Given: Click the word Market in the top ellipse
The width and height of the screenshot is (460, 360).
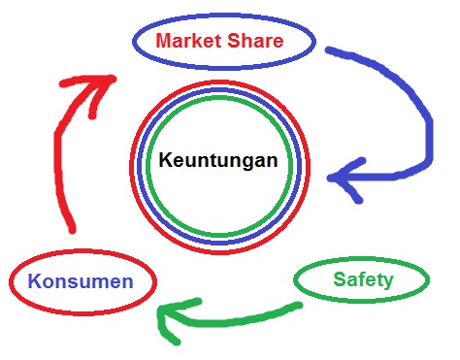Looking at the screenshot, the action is click(189, 41).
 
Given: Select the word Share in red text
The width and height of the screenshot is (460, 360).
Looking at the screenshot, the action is click(255, 41).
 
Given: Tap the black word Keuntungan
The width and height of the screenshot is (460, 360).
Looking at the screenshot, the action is click(218, 161).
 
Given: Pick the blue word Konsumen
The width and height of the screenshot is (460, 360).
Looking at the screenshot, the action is click(81, 281).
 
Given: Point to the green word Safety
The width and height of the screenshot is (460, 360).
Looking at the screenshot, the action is click(363, 280).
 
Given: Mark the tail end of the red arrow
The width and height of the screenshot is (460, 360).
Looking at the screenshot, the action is click(72, 230).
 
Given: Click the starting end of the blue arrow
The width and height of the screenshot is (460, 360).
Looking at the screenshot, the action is click(329, 50).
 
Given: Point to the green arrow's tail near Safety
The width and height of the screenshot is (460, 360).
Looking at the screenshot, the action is click(299, 305).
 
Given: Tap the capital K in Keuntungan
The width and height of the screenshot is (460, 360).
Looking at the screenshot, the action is click(165, 160).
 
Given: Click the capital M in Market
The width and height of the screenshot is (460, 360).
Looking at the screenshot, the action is click(164, 41).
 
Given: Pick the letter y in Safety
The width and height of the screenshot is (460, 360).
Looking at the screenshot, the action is click(388, 282).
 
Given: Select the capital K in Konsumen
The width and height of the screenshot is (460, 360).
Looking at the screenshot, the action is click(35, 281).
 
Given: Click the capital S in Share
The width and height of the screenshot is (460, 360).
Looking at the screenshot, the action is click(233, 41).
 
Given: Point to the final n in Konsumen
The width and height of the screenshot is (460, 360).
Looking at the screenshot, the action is click(128, 283).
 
